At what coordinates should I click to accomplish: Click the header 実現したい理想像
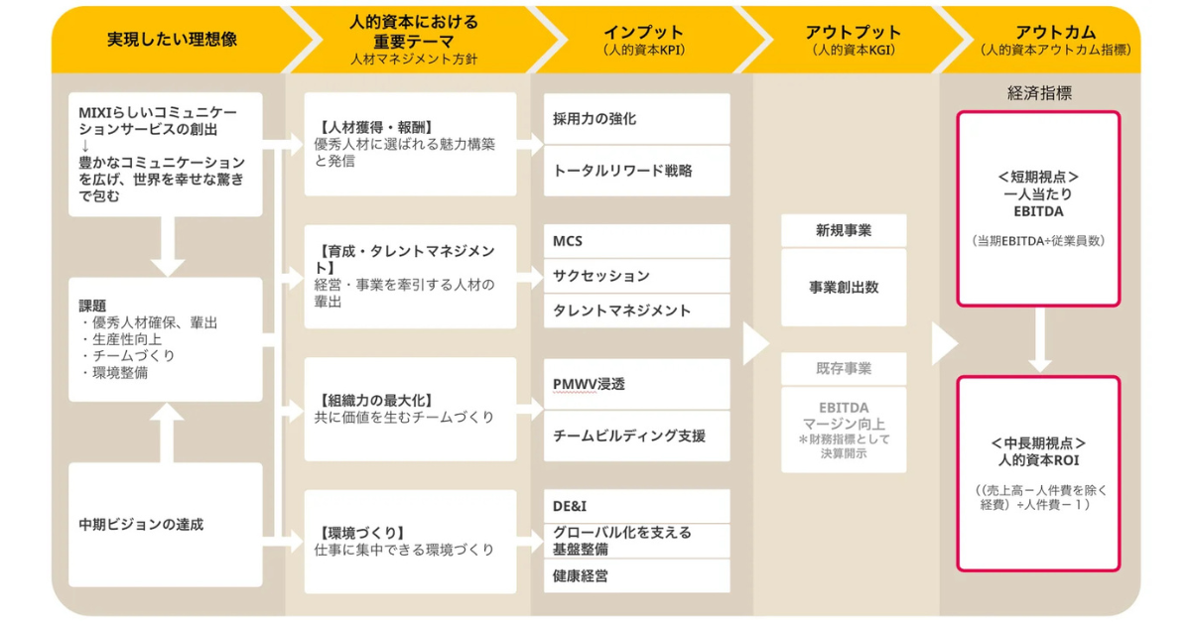coord(172,40)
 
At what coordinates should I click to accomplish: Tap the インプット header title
coord(643,33)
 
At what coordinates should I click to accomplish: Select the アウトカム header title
coord(1055,33)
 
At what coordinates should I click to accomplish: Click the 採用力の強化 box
coord(636,118)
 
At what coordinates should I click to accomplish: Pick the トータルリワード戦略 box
coord(636,171)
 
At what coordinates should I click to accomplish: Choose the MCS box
coord(636,241)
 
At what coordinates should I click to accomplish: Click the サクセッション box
coord(636,276)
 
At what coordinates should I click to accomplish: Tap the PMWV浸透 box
coord(636,384)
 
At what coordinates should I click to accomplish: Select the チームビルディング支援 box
coord(636,437)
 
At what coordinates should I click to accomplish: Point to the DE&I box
coord(636,506)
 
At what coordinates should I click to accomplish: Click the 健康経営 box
coord(636,576)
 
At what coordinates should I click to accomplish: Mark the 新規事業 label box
coord(844,230)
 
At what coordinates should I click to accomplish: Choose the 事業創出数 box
coord(844,288)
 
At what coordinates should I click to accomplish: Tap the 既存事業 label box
coord(844,368)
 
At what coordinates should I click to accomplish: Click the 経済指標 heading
coord(1039,93)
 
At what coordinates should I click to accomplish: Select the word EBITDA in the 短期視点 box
coord(1038,211)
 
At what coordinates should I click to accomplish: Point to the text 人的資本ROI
coord(1038,460)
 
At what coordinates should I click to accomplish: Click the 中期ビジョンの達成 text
coord(141,525)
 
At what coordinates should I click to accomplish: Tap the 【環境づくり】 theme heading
coord(361,533)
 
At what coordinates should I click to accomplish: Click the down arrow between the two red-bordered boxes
coord(1039,340)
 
